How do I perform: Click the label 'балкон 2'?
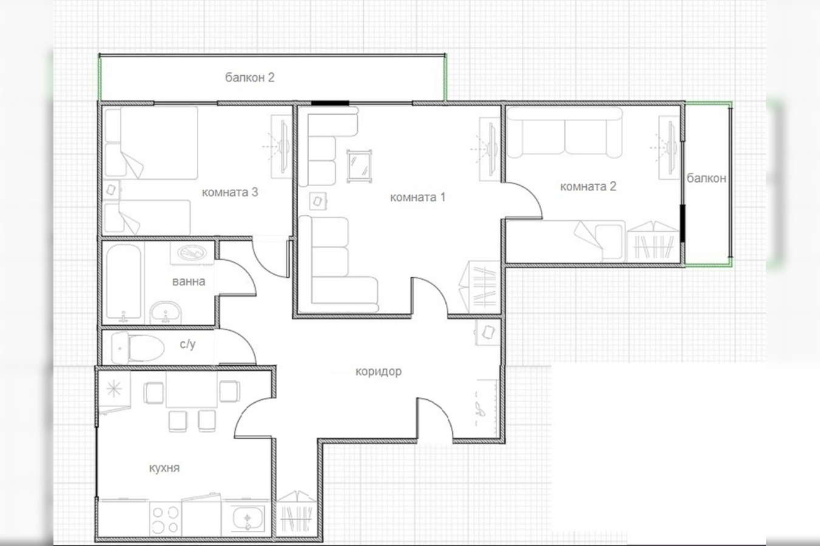point(250,78)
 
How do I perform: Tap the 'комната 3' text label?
point(230,192)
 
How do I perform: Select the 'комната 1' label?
point(418,198)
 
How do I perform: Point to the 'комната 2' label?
point(589,186)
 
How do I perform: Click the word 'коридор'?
point(378,371)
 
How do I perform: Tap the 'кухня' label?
point(165,468)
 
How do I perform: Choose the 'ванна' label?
point(188,281)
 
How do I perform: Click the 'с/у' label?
point(188,344)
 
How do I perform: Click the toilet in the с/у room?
point(138,348)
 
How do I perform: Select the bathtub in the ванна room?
point(123,282)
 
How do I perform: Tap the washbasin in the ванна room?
point(165,312)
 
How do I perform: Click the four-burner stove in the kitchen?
point(165,519)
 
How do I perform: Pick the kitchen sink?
point(247,519)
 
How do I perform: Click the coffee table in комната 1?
point(359,166)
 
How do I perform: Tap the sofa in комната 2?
point(564,132)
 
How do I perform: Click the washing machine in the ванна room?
point(192,253)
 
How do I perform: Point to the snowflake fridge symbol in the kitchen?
point(114,389)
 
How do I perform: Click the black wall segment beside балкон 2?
point(330,104)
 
